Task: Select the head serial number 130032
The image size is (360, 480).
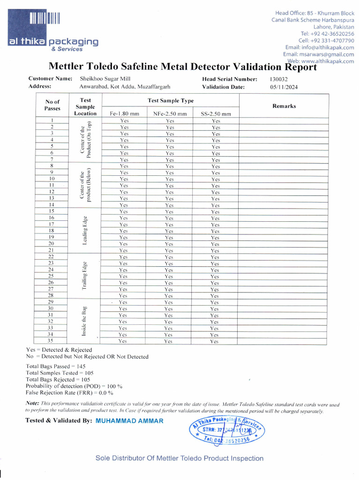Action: coord(280,79)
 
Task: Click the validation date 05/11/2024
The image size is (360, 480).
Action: coord(284,87)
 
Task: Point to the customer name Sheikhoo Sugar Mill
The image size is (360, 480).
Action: coord(105,79)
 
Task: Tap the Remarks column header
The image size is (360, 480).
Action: coord(284,106)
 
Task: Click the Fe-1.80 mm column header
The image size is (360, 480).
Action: coord(124,113)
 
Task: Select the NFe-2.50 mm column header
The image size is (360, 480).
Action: coord(170,113)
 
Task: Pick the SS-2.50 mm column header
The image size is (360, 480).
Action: coord(216,113)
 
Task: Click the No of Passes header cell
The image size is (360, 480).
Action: coord(52,105)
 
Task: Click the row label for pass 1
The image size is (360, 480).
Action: coord(52,120)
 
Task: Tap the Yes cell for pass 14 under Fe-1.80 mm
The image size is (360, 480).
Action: coord(124,205)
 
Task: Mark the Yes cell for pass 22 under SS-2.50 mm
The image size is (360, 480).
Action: coord(215,257)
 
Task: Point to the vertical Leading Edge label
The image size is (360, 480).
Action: coord(85,231)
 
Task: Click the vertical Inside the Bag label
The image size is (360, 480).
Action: coord(84,322)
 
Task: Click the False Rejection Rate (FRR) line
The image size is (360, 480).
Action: coord(63,392)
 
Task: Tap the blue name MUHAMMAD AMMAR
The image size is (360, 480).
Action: coord(129,421)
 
